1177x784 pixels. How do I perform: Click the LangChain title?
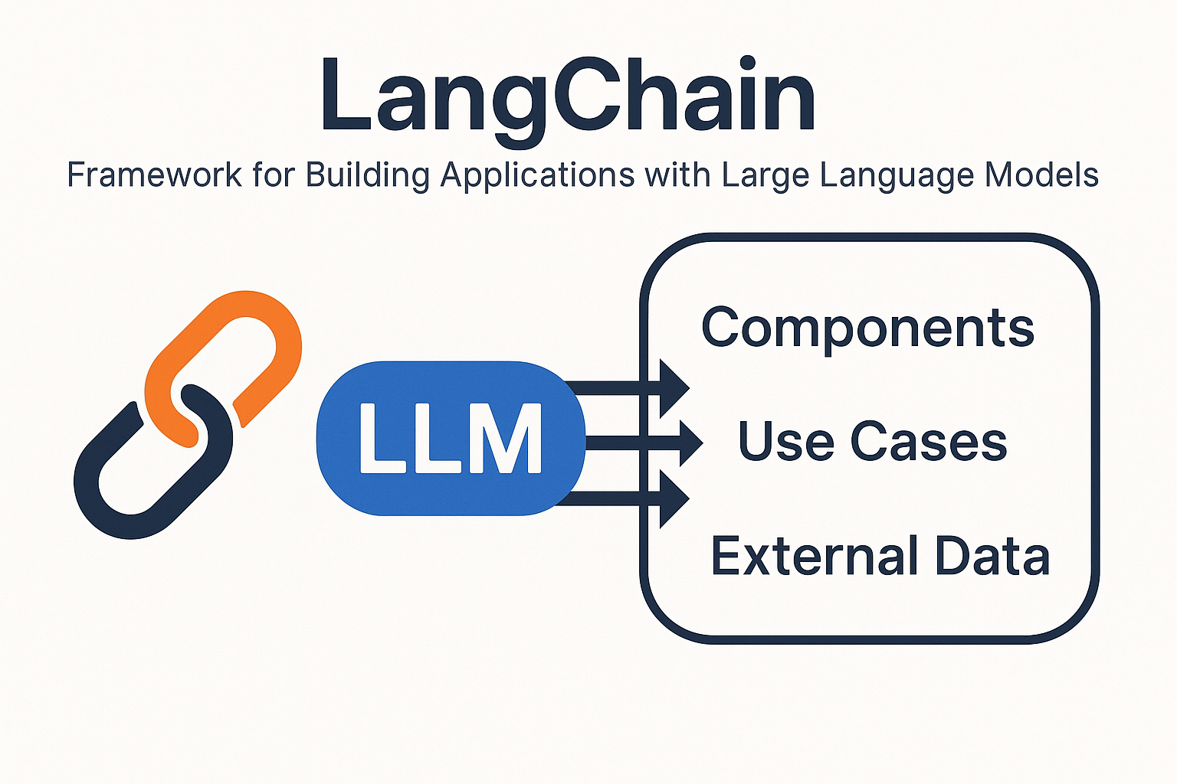tap(568, 96)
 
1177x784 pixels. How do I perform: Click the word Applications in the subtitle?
tap(537, 175)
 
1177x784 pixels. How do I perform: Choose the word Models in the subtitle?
tap(1041, 175)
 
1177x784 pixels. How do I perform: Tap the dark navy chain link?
tap(115, 490)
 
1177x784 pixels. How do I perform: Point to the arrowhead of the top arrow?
tap(674, 388)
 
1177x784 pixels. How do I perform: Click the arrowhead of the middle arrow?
tap(687, 443)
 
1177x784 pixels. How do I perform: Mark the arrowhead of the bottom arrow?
tap(674, 498)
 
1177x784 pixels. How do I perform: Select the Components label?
tap(867, 328)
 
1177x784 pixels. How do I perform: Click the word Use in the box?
tap(785, 442)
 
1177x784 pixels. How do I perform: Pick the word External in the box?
tap(802, 556)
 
